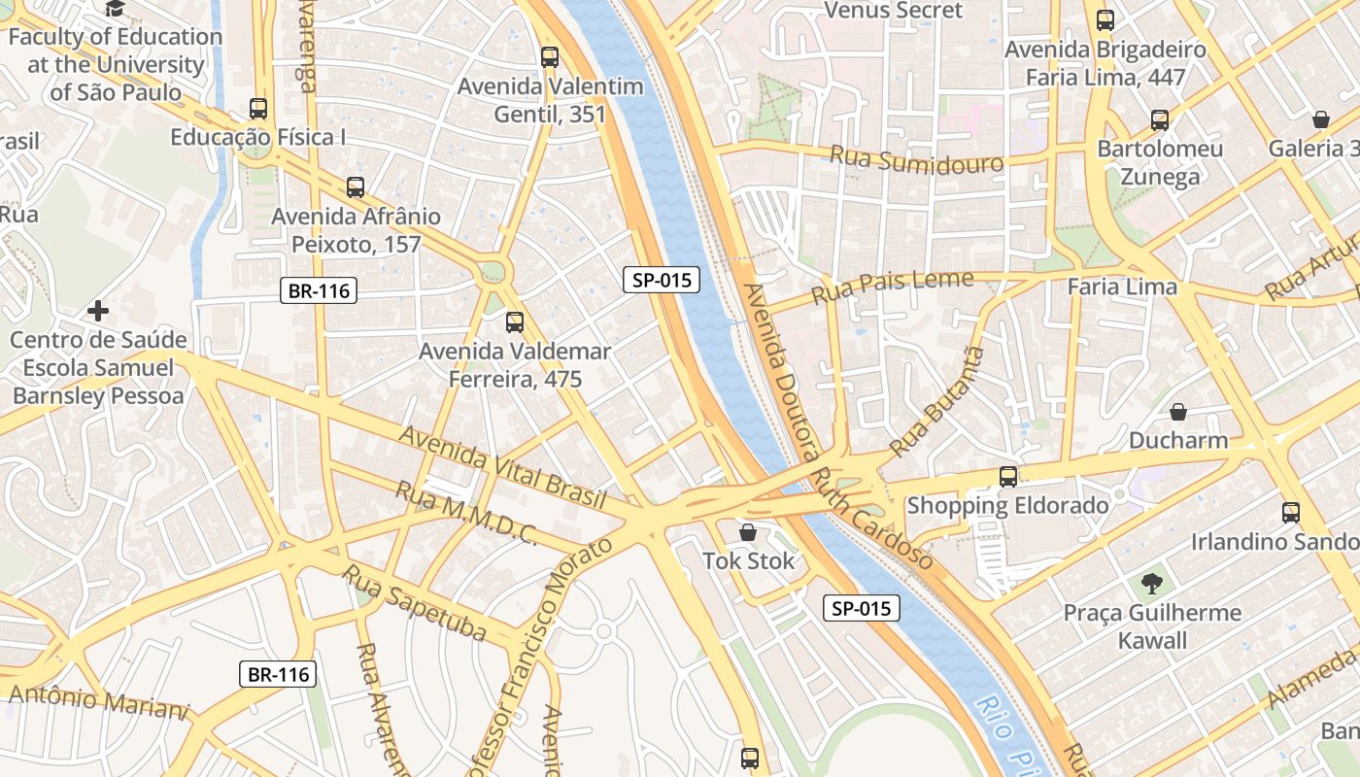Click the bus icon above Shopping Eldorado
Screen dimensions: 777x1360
[x=1008, y=476]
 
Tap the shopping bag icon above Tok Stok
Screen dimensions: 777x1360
[x=748, y=532]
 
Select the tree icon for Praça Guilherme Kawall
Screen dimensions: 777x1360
[x=1152, y=584]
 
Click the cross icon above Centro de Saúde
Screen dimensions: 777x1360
[x=97, y=311]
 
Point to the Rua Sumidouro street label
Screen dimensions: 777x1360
[x=916, y=159]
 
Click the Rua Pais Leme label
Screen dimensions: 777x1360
[x=892, y=287]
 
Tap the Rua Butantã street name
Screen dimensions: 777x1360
[x=936, y=401]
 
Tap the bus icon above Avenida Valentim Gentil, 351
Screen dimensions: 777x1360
[x=550, y=57]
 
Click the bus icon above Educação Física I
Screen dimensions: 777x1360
[x=257, y=108]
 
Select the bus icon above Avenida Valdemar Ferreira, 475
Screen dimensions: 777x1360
[x=515, y=321]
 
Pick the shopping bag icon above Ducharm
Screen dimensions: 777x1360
[x=1177, y=412]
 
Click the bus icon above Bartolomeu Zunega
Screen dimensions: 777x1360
[x=1159, y=120]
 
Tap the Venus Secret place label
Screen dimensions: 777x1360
[x=893, y=11]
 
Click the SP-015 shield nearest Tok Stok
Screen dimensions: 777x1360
[x=862, y=609]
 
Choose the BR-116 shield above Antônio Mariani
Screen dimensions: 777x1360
[x=278, y=674]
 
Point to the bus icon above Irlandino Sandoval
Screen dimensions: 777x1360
[x=1290, y=512]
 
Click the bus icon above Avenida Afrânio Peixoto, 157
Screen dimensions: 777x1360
[x=356, y=186]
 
